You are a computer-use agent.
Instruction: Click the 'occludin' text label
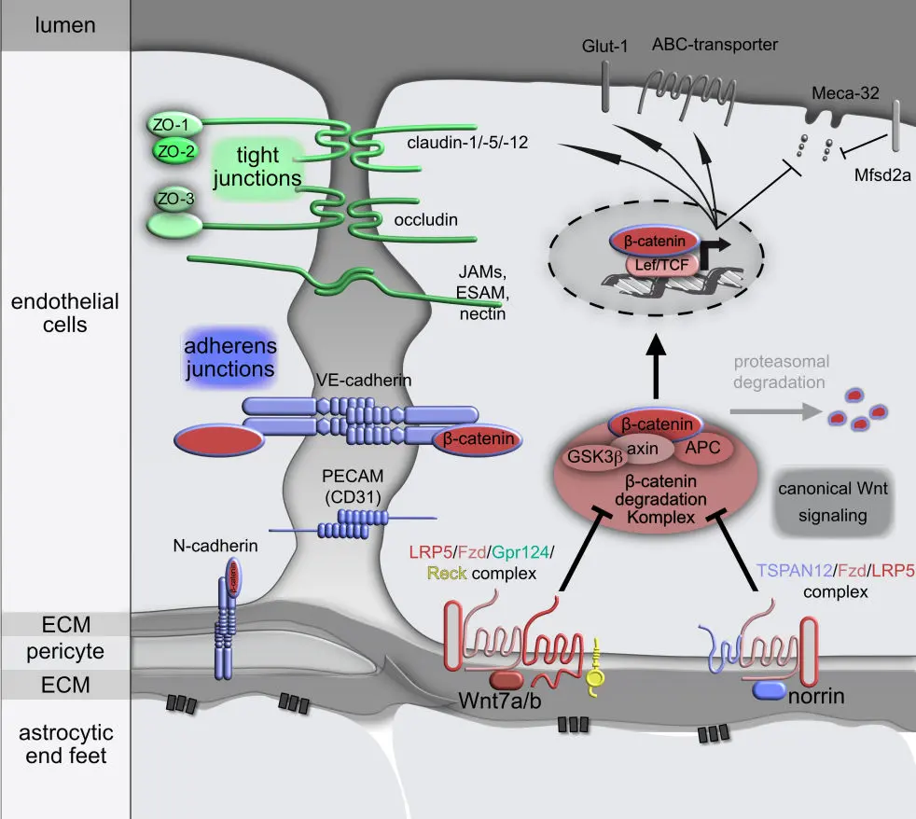pyautogui.click(x=411, y=220)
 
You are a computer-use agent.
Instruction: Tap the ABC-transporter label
pyautogui.click(x=715, y=44)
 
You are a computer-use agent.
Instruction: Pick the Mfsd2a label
pyautogui.click(x=879, y=174)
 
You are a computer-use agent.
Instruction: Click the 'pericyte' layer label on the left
pyautogui.click(x=64, y=649)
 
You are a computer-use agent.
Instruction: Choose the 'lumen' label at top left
pyautogui.click(x=64, y=24)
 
